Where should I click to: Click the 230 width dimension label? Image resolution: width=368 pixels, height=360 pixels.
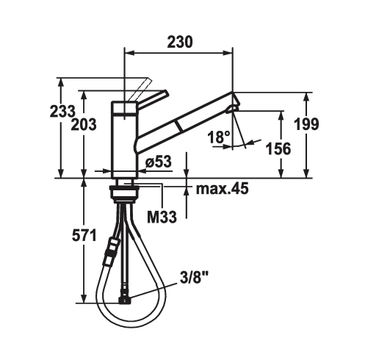pos(180,42)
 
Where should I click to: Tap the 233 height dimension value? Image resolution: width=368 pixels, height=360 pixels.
pos(62,111)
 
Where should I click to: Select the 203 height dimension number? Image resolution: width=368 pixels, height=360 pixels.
pos(84,124)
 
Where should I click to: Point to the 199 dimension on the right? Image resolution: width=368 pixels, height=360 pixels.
pos(306,124)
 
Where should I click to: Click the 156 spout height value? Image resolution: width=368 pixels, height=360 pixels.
pos(278,148)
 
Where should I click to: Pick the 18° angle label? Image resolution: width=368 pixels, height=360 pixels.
pos(219,137)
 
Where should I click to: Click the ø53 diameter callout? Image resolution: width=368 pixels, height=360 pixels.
pos(159,162)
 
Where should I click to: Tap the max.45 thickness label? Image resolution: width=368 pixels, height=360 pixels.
pos(222,189)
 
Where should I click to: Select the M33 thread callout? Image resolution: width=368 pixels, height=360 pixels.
pos(162,217)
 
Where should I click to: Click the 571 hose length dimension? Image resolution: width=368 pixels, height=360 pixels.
pos(84,236)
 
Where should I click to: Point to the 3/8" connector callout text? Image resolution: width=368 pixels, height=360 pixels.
pos(194,279)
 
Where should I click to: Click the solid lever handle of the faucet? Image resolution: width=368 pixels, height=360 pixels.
pos(153,101)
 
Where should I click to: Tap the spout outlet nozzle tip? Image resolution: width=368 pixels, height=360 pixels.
pos(232,109)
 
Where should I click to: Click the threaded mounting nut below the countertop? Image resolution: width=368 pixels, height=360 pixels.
pos(124,193)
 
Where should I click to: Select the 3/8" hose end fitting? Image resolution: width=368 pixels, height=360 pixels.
pos(124,300)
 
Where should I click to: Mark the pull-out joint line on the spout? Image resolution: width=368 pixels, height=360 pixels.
pos(178,126)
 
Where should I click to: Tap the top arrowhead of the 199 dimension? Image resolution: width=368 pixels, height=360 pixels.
pos(306,98)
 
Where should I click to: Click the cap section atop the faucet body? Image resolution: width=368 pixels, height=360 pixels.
pos(124,108)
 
